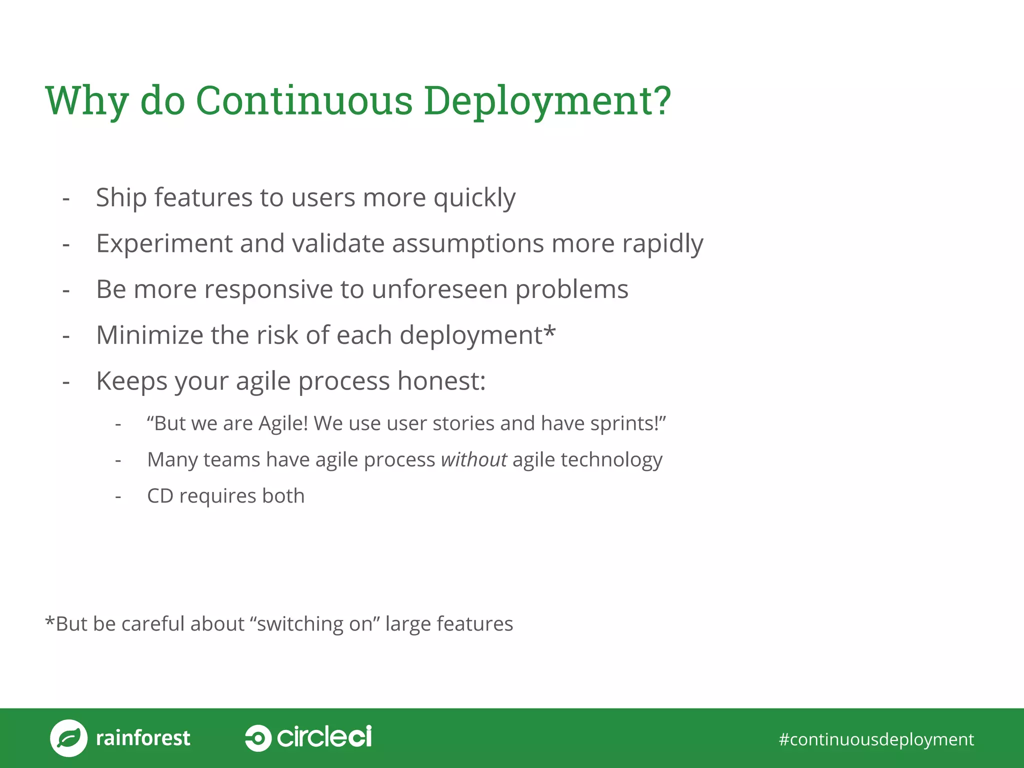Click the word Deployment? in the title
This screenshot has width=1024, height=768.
(x=547, y=101)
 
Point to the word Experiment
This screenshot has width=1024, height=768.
(x=164, y=244)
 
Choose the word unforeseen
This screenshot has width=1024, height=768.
(x=439, y=289)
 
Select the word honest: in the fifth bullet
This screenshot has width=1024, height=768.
(x=441, y=381)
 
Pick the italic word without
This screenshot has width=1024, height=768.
(x=473, y=460)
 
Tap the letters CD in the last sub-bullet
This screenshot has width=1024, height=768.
(x=160, y=496)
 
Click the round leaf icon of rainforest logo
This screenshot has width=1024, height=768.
(x=68, y=738)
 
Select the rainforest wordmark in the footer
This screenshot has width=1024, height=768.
(x=143, y=738)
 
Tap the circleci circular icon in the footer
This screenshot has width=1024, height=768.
(x=258, y=738)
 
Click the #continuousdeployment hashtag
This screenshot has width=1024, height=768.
(x=876, y=739)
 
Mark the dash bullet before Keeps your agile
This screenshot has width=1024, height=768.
(x=66, y=382)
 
